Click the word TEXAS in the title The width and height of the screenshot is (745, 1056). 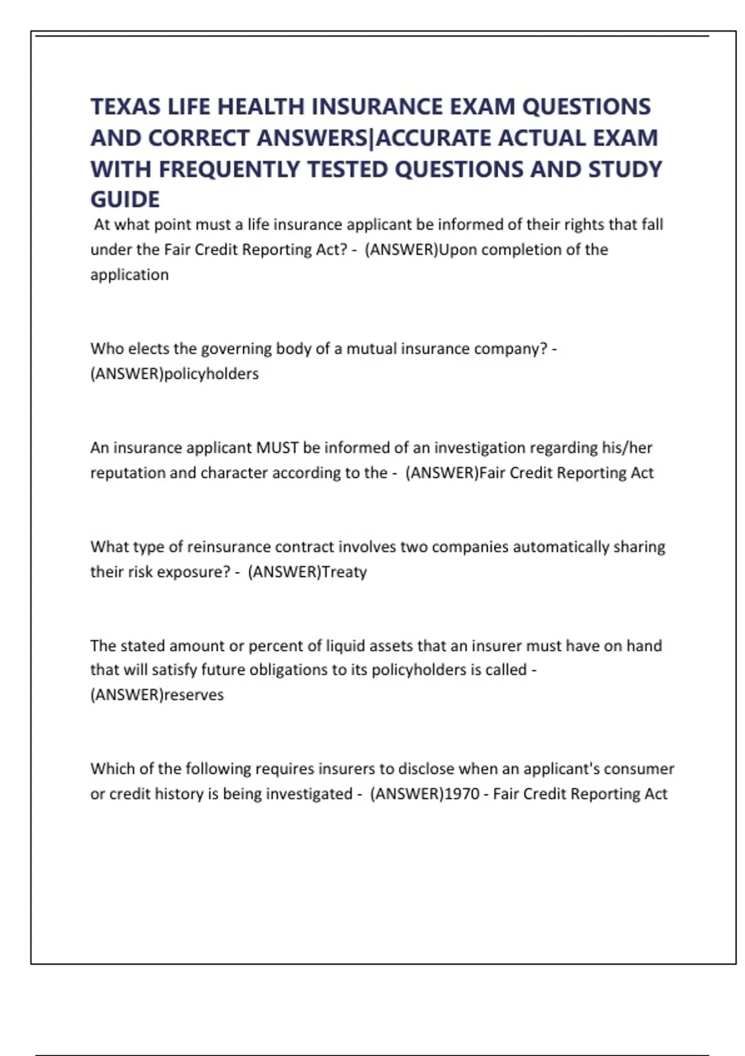[125, 107]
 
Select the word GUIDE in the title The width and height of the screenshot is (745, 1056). [125, 199]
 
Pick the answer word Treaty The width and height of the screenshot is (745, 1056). [345, 571]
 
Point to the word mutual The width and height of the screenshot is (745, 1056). [371, 348]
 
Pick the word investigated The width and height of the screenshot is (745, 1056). [310, 794]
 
